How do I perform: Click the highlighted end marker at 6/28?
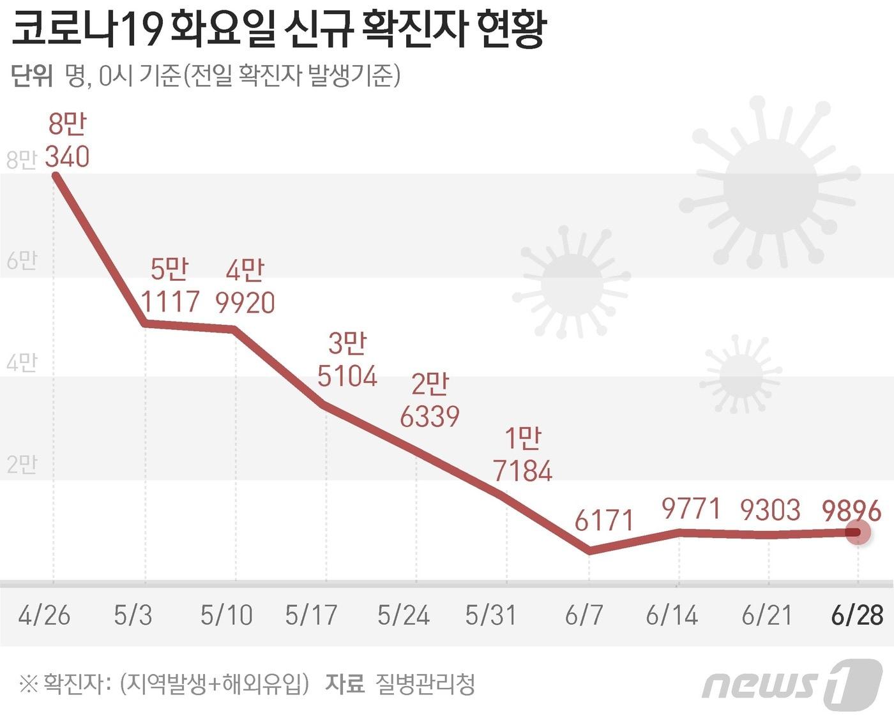click(857, 532)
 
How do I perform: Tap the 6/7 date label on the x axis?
click(584, 615)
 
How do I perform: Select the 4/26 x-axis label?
click(44, 615)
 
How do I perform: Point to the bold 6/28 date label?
click(857, 615)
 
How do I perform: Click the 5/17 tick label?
click(311, 615)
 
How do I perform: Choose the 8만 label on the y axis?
click(21, 160)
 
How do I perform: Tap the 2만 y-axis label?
click(21, 464)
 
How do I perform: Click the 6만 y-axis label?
click(21, 260)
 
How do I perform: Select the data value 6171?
click(603, 521)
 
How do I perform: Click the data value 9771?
click(691, 509)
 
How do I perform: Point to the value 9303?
click(770, 510)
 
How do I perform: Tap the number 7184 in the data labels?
click(522, 471)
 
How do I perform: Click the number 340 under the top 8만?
click(67, 156)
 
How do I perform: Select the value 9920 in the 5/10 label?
click(245, 303)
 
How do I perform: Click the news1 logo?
click(792, 684)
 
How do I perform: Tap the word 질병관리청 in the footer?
click(425, 684)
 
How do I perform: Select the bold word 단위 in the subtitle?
click(32, 76)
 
